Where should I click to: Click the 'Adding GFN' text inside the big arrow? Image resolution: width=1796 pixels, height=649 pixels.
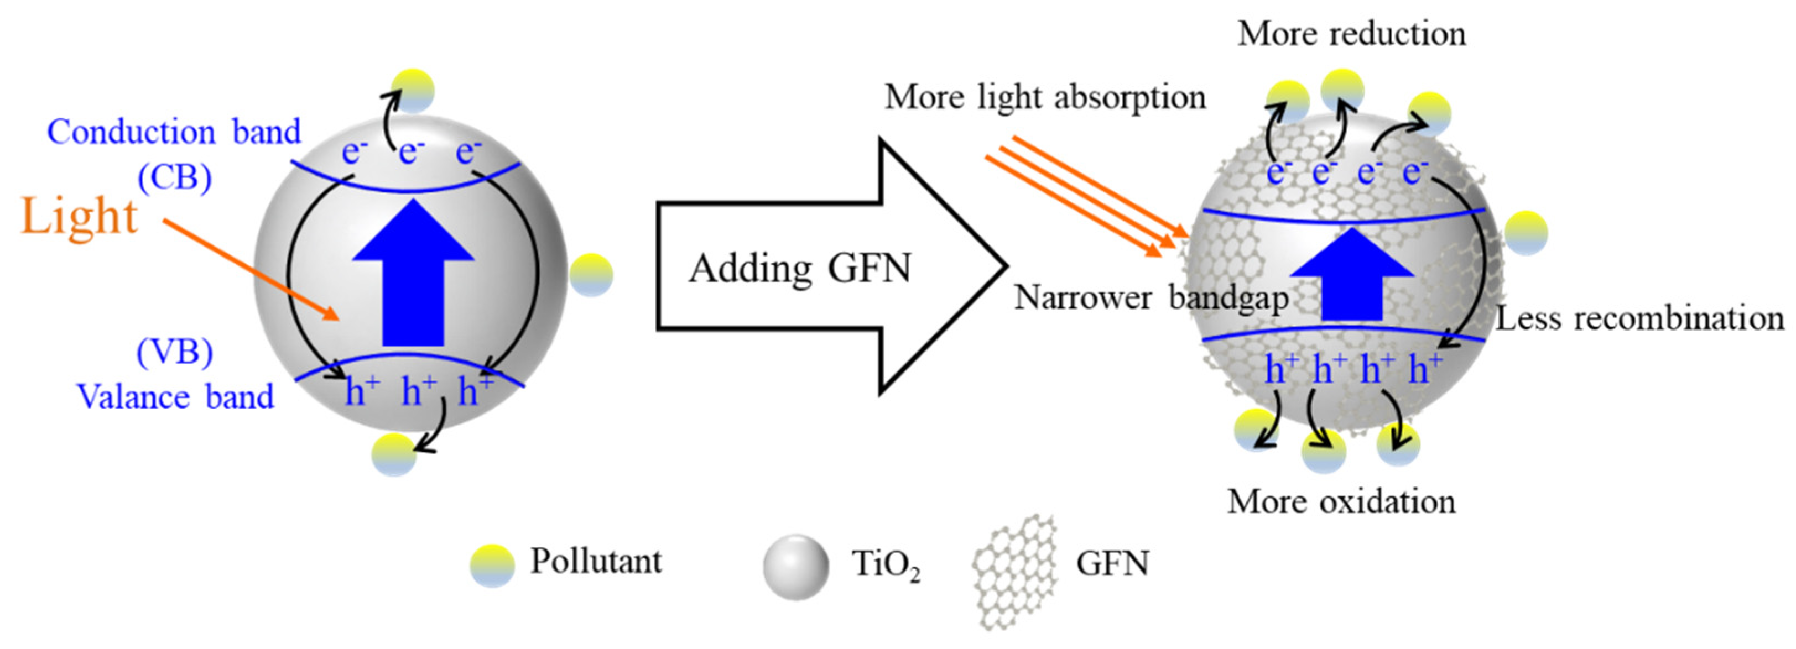[x=800, y=268]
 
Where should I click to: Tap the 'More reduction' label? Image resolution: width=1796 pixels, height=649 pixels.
[x=1351, y=34]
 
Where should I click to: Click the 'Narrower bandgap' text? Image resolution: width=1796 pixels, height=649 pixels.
[x=1151, y=299]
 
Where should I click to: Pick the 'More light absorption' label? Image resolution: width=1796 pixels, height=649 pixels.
[x=1045, y=98]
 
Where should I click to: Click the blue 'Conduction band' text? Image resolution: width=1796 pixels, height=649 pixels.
[x=174, y=132]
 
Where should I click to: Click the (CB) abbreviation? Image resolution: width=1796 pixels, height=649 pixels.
[x=174, y=179]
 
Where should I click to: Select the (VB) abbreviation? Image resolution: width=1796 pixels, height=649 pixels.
[x=174, y=352]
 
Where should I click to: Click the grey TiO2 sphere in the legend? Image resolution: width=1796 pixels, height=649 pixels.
[x=795, y=567]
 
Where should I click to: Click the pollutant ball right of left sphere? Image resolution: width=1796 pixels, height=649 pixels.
[x=591, y=275]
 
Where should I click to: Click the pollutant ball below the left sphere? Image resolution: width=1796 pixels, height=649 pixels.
[x=394, y=454]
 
